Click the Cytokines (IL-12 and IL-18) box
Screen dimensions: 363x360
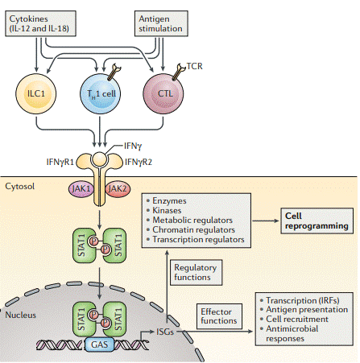click(x=41, y=22)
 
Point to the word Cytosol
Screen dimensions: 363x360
click(x=19, y=185)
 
